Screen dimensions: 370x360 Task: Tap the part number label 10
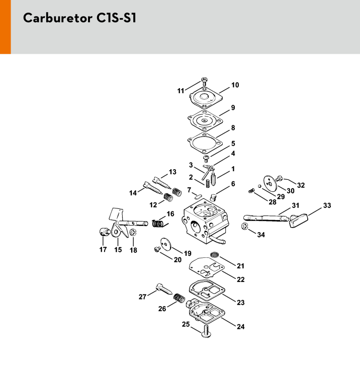click(x=235, y=85)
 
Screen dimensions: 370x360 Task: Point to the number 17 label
click(x=103, y=250)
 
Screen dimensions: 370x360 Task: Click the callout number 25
click(x=186, y=324)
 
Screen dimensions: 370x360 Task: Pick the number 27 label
click(x=142, y=297)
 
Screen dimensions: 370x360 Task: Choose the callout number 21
click(x=240, y=265)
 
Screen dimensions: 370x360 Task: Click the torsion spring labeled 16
click(x=159, y=221)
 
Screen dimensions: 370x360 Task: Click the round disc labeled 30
click(x=271, y=182)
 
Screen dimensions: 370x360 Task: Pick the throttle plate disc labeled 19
click(x=165, y=243)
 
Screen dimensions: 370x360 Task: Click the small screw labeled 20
click(x=158, y=250)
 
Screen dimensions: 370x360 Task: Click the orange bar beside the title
click(x=5, y=27)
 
